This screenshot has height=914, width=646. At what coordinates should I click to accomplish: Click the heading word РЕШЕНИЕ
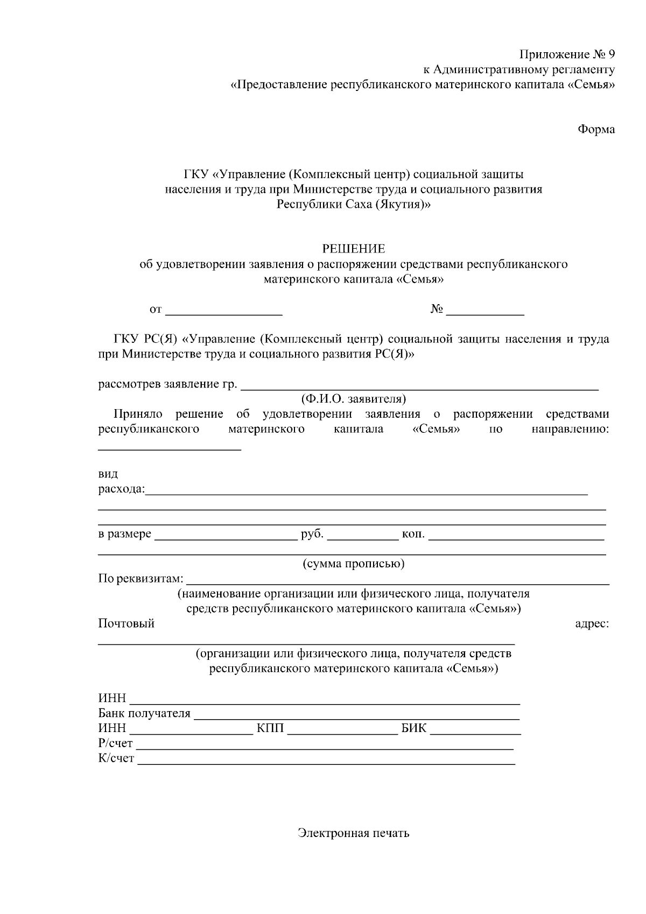click(354, 249)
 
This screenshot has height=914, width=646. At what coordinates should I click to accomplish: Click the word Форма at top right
click(596, 129)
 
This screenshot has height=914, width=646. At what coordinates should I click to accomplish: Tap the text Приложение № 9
click(567, 54)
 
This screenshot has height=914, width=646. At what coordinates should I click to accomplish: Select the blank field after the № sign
click(485, 311)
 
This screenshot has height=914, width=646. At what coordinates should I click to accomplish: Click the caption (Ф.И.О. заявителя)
click(353, 399)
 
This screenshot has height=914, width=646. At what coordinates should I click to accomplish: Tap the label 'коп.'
click(413, 535)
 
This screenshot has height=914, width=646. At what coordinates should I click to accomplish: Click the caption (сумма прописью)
click(353, 564)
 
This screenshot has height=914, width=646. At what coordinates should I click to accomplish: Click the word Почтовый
click(126, 623)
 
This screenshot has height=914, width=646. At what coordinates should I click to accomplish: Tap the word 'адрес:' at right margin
click(592, 623)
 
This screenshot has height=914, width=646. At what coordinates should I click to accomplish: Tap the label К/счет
click(116, 759)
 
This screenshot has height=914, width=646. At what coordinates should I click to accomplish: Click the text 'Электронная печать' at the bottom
click(354, 833)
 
